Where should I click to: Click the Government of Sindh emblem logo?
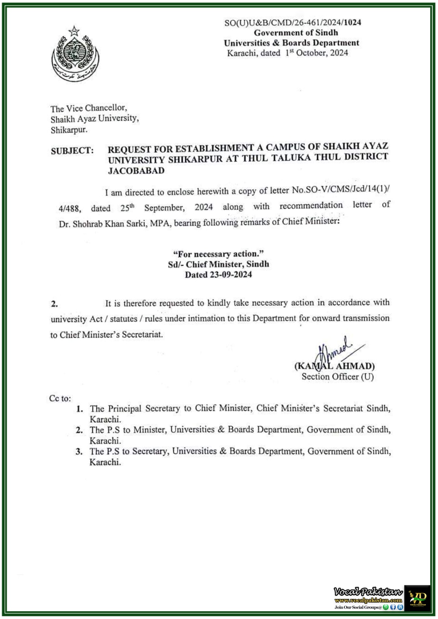tap(74, 54)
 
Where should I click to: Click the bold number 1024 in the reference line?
tap(352, 22)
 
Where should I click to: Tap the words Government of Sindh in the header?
tap(296, 33)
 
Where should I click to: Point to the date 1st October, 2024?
tap(317, 53)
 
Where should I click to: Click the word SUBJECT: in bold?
tap(72, 151)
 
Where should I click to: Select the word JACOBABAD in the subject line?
tap(136, 171)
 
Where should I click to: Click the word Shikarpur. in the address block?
tap(69, 130)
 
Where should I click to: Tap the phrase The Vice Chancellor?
tap(88, 108)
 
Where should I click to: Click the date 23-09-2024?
tap(231, 275)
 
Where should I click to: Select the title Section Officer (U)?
tap(337, 377)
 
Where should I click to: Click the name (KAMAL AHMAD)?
tap(334, 366)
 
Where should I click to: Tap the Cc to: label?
tap(60, 398)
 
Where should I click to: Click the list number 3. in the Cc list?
tap(79, 451)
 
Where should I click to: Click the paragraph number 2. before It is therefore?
tap(54, 304)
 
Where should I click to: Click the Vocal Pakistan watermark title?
tap(368, 592)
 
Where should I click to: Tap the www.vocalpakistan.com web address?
tap(368, 600)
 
